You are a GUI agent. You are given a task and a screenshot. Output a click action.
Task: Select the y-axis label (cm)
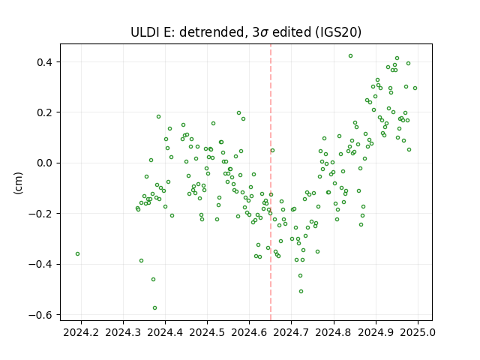pyautogui.click(x=18, y=183)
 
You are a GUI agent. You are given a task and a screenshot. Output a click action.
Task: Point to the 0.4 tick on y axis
pyautogui.click(x=45, y=62)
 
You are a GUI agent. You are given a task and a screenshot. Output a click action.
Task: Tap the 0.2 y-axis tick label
pyautogui.click(x=45, y=112)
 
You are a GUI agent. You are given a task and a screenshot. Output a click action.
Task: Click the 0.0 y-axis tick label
pyautogui.click(x=45, y=163)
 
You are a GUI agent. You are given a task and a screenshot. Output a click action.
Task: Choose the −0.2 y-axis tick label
pyautogui.click(x=42, y=214)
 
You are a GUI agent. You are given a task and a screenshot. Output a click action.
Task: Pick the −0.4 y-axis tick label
pyautogui.click(x=42, y=264)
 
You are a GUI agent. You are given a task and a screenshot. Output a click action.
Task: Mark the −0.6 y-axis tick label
pyautogui.click(x=42, y=315)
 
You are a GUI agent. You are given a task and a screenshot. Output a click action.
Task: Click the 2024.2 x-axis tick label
pyautogui.click(x=81, y=332)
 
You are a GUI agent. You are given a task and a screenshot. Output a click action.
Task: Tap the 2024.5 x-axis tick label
pyautogui.click(x=207, y=332)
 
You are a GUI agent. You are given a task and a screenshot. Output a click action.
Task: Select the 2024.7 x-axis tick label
pyautogui.click(x=292, y=332)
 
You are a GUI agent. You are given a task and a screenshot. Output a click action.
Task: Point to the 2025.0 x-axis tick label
pyautogui.click(x=418, y=332)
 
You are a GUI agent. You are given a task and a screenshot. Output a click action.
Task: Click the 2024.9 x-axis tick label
pyautogui.click(x=376, y=332)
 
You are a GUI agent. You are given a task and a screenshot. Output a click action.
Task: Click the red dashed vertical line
pyautogui.click(x=271, y=182)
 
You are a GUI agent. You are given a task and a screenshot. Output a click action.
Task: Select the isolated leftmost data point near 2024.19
pyautogui.click(x=78, y=254)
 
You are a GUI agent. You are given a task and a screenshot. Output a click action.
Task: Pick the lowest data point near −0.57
pyautogui.click(x=155, y=308)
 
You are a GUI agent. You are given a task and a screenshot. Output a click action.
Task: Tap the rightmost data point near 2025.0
pyautogui.click(x=415, y=88)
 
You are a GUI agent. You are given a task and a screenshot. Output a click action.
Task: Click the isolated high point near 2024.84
pyautogui.click(x=350, y=56)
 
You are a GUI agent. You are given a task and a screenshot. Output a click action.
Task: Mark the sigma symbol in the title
pyautogui.click(x=265, y=33)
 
